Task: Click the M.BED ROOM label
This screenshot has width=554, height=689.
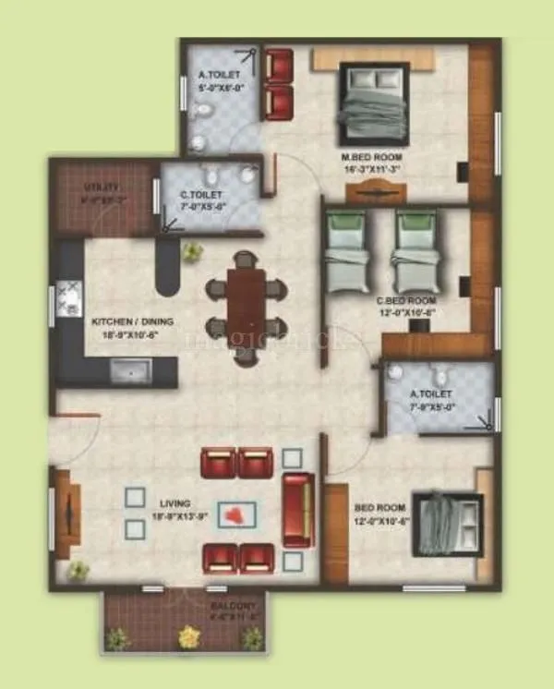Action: click(374, 157)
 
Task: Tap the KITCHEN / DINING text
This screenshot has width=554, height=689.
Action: click(133, 322)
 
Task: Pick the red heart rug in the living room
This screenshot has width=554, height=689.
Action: click(238, 514)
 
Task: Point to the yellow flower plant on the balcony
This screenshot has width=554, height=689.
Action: click(189, 635)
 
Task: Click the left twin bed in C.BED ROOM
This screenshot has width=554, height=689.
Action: click(349, 249)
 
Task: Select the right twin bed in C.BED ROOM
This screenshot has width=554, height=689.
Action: click(415, 249)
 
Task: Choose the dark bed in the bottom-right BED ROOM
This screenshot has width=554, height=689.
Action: click(447, 525)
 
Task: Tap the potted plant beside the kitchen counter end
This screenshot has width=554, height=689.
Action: click(193, 251)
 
